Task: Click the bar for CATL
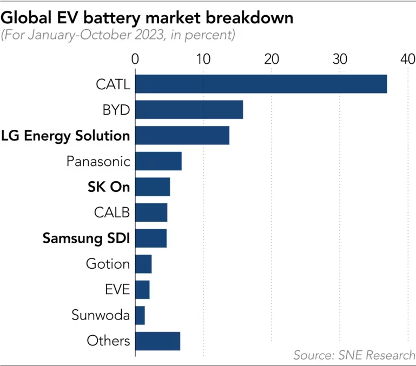pyautogui.click(x=261, y=84)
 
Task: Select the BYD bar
pyautogui.click(x=189, y=110)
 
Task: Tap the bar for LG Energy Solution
pyautogui.click(x=182, y=135)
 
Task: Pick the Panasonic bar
pyautogui.click(x=158, y=161)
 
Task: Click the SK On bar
pyautogui.click(x=152, y=187)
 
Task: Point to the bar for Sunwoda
pyautogui.click(x=140, y=315)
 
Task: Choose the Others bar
pyautogui.click(x=157, y=341)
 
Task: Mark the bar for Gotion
pyautogui.click(x=143, y=264)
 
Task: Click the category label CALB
pyautogui.click(x=111, y=212)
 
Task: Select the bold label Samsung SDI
pyautogui.click(x=87, y=238)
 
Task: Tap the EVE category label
pyautogui.click(x=117, y=290)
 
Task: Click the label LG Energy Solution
pyautogui.click(x=65, y=135)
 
